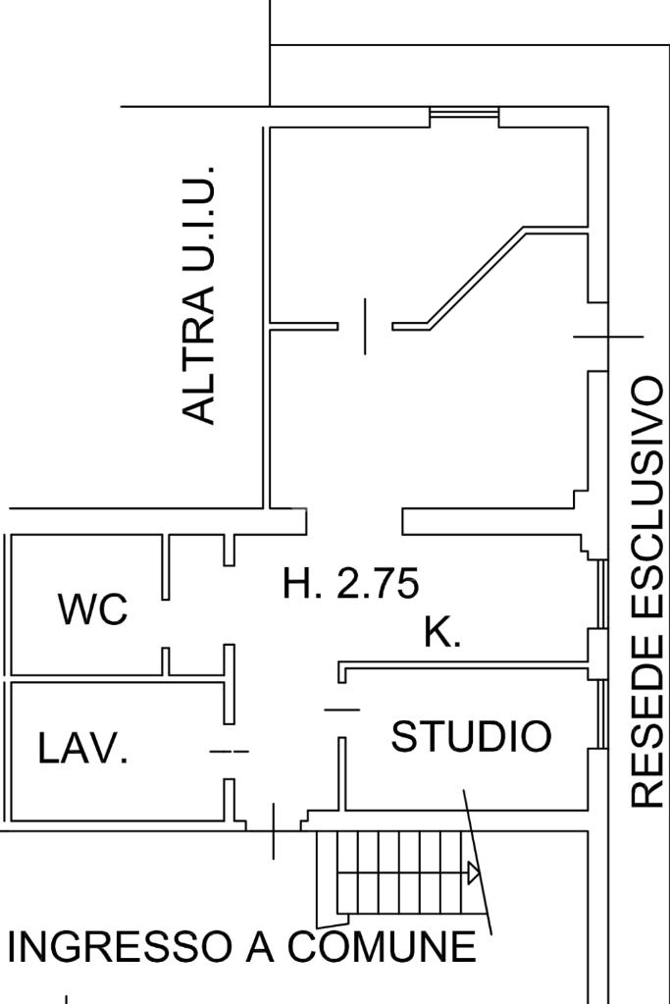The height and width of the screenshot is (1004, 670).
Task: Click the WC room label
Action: [93, 609]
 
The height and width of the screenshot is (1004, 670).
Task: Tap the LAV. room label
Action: [82, 750]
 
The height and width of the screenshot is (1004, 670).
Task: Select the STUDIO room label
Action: [471, 736]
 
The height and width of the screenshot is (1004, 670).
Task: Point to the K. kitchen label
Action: [442, 633]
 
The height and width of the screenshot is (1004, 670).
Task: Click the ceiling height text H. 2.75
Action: [350, 584]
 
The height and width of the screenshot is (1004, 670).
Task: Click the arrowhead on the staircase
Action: [474, 872]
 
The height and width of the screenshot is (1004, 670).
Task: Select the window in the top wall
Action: [464, 116]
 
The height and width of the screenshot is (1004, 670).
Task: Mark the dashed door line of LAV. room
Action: [230, 752]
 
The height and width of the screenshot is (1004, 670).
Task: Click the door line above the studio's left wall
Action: [341, 710]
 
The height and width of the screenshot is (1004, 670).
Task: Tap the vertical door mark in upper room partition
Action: [365, 327]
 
